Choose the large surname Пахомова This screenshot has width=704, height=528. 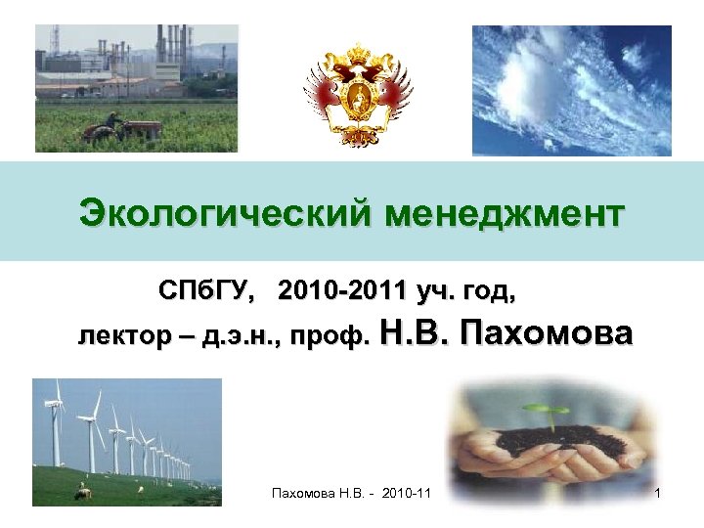coord(547,333)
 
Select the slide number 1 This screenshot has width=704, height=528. coord(659,496)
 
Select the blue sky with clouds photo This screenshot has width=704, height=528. coord(571,90)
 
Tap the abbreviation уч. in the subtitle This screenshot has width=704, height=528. coord(429,290)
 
